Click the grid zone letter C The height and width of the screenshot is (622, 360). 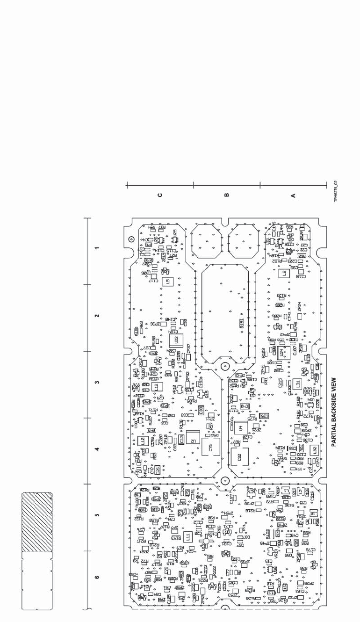pos(160,196)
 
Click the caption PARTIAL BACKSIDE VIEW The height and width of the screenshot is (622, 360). pos(334,412)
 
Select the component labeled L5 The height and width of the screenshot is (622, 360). pos(167,282)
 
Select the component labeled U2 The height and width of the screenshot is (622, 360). pos(193,440)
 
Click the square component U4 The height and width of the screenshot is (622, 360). pos(240,427)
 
